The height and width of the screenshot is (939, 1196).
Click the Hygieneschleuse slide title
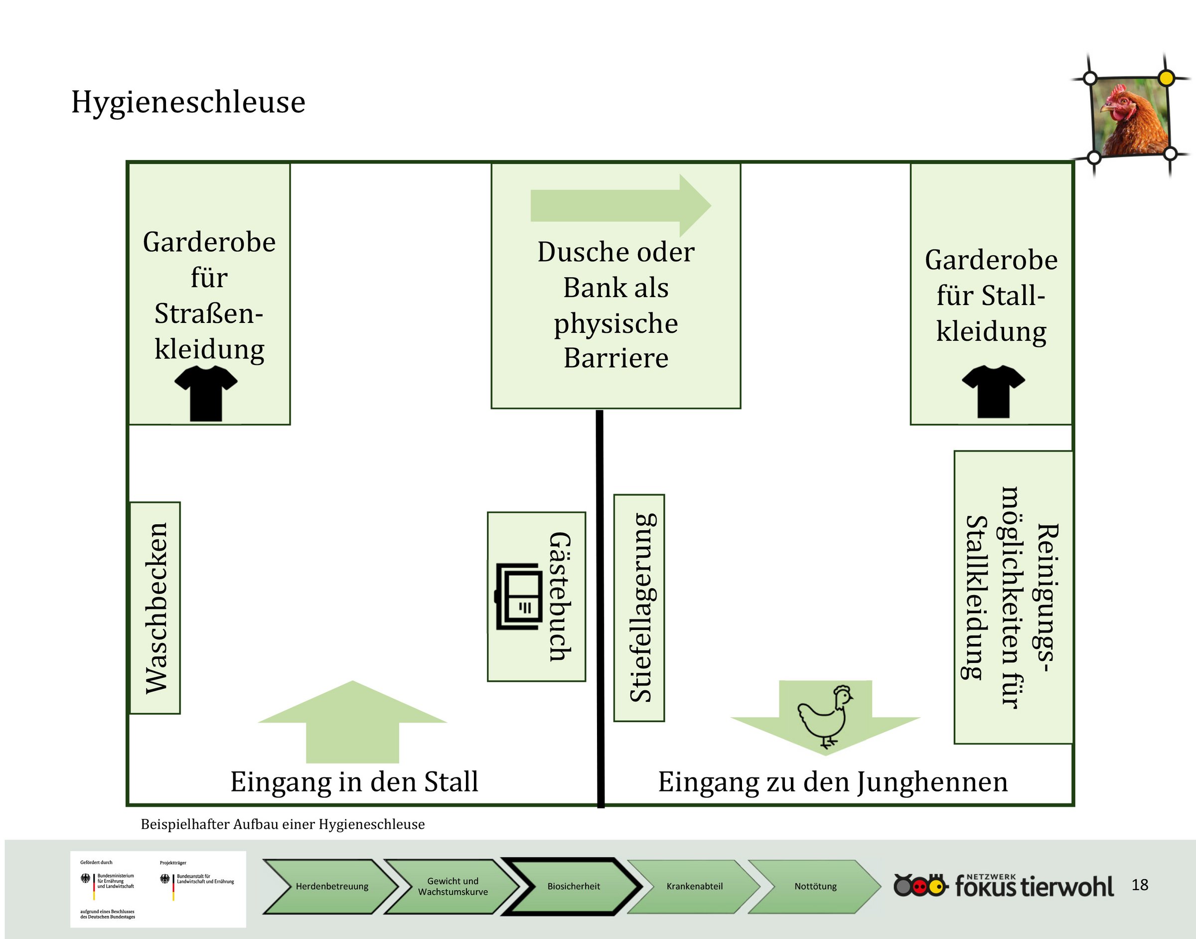[188, 103]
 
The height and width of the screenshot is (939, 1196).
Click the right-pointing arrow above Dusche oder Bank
[620, 206]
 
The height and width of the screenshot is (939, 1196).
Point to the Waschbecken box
[155, 608]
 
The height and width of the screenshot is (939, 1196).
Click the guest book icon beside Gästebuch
[518, 596]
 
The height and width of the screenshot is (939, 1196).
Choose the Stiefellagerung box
[639, 608]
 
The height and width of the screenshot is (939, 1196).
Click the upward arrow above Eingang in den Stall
[352, 721]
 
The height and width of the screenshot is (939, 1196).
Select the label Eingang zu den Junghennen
[833, 782]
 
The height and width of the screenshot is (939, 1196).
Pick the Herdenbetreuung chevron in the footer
[331, 886]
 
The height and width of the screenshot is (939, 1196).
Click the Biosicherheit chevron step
[573, 886]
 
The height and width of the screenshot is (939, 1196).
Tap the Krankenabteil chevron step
[694, 886]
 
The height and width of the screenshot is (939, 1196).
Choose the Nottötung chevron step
[815, 886]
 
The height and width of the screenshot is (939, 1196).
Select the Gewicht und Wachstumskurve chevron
[452, 886]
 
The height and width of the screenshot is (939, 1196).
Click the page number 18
[1140, 885]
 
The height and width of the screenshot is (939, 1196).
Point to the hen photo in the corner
[1131, 117]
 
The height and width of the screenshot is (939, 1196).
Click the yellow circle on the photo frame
[1166, 78]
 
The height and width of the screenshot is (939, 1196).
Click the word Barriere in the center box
[616, 358]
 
